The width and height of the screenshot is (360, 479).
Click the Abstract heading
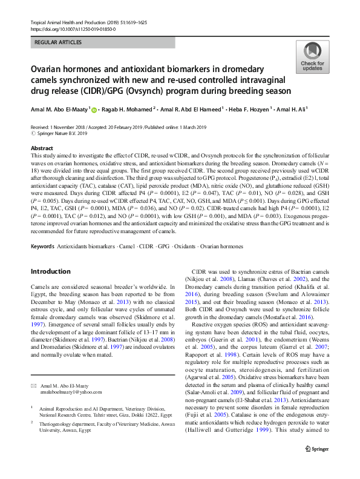(x=42, y=148)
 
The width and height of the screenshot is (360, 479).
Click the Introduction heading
(x=51, y=271)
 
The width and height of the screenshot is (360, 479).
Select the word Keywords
(x=42, y=246)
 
